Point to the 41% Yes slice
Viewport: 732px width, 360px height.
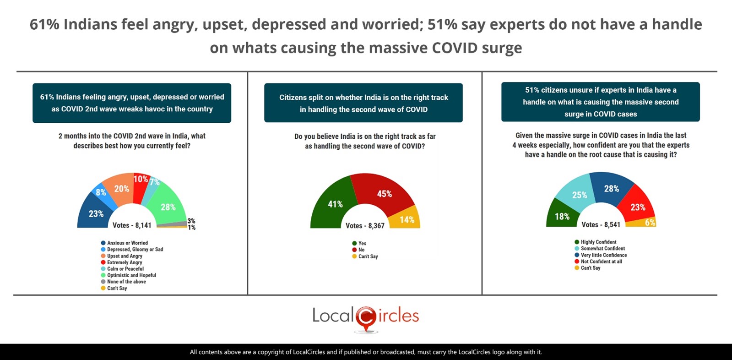coord(334,204)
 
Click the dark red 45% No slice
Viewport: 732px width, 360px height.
coord(384,193)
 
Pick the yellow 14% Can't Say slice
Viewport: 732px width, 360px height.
coord(406,219)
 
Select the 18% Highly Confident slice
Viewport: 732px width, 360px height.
coord(562,216)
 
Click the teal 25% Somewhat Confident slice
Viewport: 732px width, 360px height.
coord(579,195)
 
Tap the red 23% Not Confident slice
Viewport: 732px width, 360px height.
coord(637,207)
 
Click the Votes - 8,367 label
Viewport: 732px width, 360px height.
coord(365,225)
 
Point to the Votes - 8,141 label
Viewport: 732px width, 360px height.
coord(132,225)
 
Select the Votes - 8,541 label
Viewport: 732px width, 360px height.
coord(601,224)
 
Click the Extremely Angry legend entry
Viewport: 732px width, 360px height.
coord(125,262)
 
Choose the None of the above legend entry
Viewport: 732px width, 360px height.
coord(126,282)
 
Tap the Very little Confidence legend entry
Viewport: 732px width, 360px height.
coord(603,255)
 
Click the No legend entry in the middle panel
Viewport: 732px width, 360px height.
coord(361,250)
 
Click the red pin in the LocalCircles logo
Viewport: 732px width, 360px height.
coord(366,318)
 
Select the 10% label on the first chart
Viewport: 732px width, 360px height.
coord(141,179)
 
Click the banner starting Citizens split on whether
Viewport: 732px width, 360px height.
coord(363,103)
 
